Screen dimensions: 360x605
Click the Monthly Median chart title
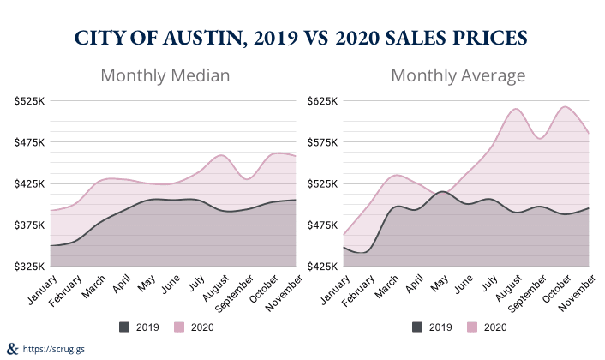tap(165, 75)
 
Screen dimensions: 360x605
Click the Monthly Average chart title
tap(458, 75)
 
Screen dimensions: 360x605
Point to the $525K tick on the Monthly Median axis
tap(29, 101)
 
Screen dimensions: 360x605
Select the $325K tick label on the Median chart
tap(29, 267)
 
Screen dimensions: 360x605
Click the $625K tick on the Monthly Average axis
tap(323, 101)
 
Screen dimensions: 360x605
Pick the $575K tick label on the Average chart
tap(323, 142)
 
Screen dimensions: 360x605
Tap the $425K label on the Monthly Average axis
tap(323, 267)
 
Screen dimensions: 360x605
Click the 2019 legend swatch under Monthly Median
tap(125, 327)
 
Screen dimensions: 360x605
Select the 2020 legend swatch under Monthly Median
tap(180, 327)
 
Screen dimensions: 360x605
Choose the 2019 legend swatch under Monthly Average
tap(418, 327)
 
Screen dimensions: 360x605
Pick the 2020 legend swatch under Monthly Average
tap(473, 327)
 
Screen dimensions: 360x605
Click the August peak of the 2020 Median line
tap(221, 155)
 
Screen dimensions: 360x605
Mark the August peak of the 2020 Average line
tap(515, 109)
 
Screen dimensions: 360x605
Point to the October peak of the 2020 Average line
tap(565, 106)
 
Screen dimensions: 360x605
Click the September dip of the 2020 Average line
tap(540, 137)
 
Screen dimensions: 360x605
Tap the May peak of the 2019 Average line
tap(441, 191)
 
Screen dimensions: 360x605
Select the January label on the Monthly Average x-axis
tap(330, 288)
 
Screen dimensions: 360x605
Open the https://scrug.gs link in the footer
tap(53, 349)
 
